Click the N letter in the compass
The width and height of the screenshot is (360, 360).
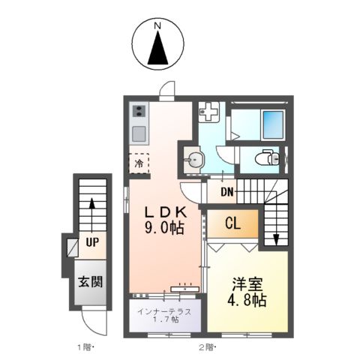coord(158,27)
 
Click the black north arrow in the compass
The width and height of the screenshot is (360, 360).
coord(158,50)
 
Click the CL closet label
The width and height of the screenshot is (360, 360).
coord(232,222)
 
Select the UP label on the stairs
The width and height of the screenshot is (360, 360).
coord(92,242)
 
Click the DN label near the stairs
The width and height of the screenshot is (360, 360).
coord(227,191)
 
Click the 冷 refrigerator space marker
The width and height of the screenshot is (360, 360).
coord(139,162)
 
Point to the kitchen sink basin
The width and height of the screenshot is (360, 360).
coord(139,135)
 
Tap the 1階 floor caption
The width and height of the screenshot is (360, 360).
coord(83,346)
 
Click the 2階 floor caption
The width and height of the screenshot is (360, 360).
coord(207,346)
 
